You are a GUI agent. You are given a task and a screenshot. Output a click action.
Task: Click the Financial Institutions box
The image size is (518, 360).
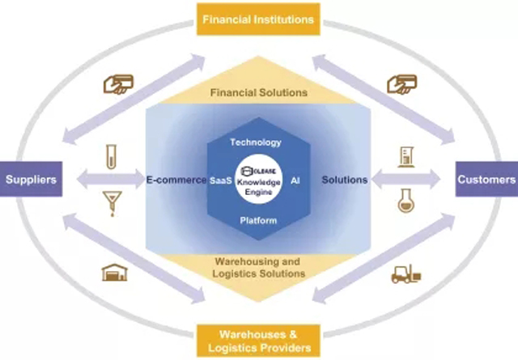[258, 18]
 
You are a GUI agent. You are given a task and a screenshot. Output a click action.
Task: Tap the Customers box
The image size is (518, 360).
[486, 180]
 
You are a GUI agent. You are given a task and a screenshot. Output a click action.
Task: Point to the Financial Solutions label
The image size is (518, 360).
[258, 93]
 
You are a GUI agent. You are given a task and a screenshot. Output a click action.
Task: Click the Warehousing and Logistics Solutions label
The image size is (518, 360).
[258, 267]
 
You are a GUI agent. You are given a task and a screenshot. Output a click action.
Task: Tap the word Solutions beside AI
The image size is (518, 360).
[345, 180]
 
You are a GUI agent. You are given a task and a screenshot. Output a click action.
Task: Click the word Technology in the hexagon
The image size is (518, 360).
[256, 142]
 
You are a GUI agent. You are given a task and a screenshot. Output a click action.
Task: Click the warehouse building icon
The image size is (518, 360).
[115, 272]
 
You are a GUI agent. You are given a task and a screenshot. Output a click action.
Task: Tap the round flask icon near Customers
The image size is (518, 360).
[406, 201]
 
